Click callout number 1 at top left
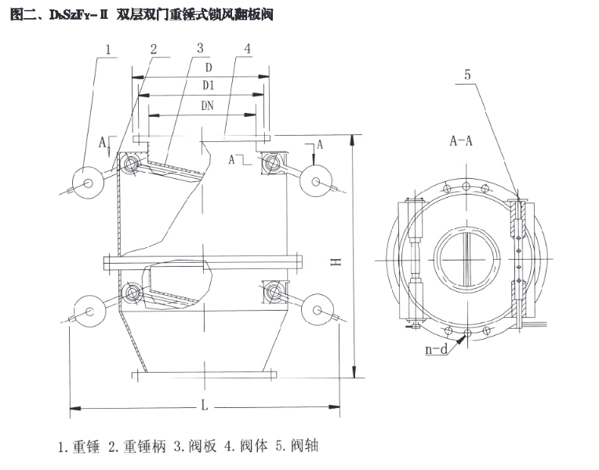click(x=108, y=49)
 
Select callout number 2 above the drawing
click(x=154, y=49)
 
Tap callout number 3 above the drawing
click(x=200, y=49)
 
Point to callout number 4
click(x=248, y=49)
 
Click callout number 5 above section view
click(x=467, y=75)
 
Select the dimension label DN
click(x=208, y=106)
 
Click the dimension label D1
click(x=209, y=86)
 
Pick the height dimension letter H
click(x=336, y=262)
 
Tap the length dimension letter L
click(x=205, y=405)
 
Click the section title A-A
click(x=461, y=141)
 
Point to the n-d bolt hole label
click(x=436, y=349)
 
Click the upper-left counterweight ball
click(x=89, y=183)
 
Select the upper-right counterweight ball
click(x=315, y=181)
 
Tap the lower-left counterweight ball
click(x=90, y=311)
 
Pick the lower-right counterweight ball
click(x=317, y=309)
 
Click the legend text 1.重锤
click(x=79, y=446)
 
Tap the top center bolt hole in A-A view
click(x=466, y=187)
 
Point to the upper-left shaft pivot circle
click(x=131, y=164)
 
